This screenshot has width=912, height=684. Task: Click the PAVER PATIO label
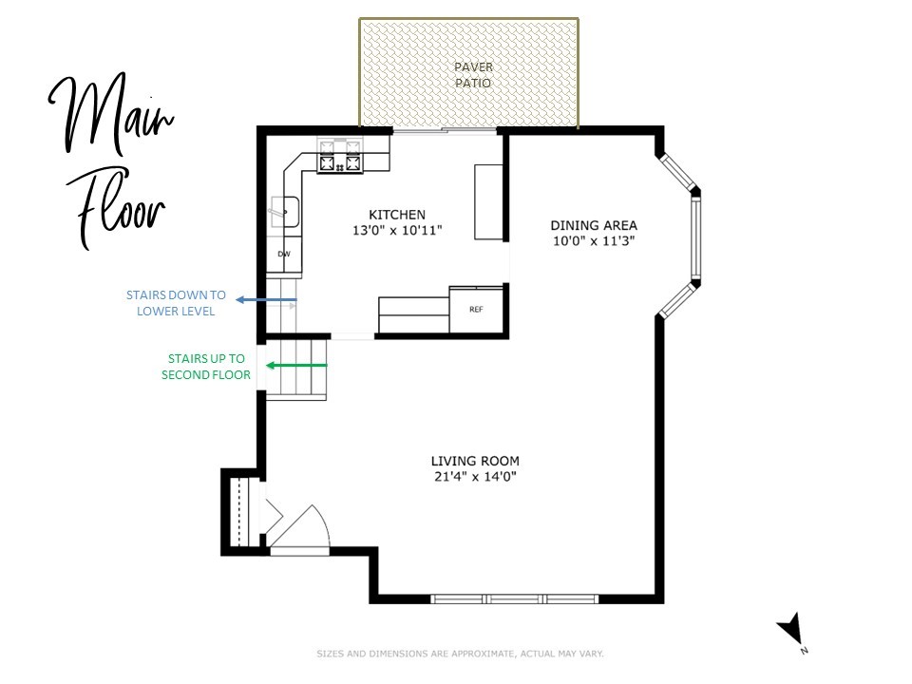(472, 75)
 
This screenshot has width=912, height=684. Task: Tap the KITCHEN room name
(397, 215)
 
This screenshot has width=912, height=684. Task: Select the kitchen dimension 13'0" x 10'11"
(397, 231)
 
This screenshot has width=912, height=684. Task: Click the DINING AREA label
(594, 225)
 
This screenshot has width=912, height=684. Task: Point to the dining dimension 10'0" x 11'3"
(594, 241)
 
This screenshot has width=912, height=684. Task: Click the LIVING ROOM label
(474, 461)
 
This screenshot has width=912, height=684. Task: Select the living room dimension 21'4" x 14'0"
(474, 477)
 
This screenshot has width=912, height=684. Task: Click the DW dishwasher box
(284, 255)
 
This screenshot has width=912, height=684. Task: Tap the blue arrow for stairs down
(267, 300)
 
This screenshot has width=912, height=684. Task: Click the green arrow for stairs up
(296, 366)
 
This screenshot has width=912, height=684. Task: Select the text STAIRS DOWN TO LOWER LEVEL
(176, 303)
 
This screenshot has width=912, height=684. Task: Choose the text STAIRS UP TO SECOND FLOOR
(206, 367)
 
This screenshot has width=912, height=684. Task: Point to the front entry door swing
(299, 526)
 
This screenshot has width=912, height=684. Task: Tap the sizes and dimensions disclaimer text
(460, 654)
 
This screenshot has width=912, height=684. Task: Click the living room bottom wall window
(514, 599)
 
